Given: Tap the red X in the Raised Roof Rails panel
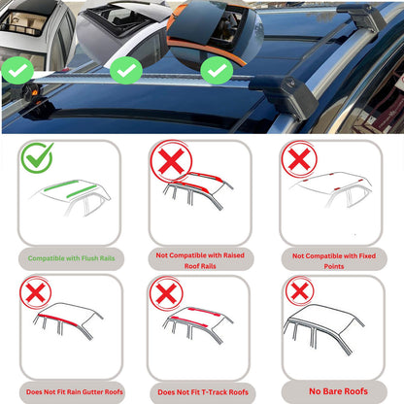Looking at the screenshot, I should [x=168, y=162].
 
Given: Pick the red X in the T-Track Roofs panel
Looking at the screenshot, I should [x=167, y=293].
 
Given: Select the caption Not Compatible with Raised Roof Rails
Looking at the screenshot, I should [x=202, y=258].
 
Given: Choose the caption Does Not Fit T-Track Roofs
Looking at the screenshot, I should [x=202, y=392].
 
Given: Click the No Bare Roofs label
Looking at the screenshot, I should [x=336, y=391].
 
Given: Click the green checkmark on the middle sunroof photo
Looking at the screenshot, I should [x=125, y=70].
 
